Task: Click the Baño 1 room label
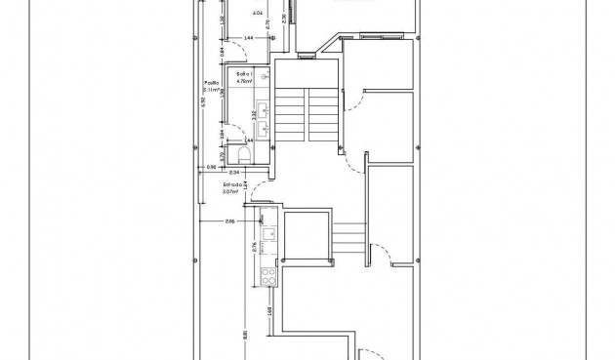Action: point(244,74)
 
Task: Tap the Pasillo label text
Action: point(210,83)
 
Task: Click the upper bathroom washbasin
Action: point(264,104)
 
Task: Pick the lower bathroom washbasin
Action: point(264,125)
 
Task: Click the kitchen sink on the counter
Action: point(265,234)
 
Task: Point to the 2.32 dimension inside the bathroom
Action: point(256,114)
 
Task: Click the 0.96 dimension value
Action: point(210,169)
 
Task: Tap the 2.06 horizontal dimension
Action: point(230,222)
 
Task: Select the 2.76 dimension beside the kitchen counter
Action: point(256,247)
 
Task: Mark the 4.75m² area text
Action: point(244,81)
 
